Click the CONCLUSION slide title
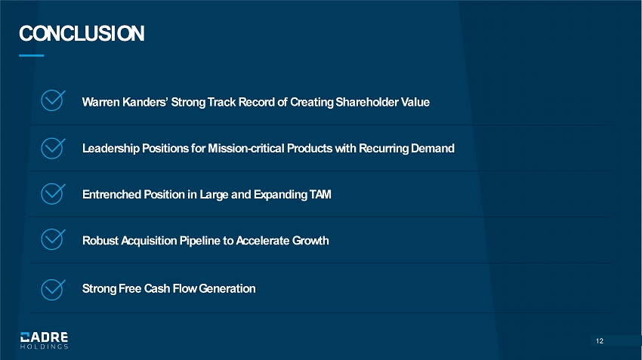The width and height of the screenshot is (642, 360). click(x=82, y=33)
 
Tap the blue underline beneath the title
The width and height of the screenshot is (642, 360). click(x=32, y=55)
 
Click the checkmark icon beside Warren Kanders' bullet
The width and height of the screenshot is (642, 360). click(x=53, y=100)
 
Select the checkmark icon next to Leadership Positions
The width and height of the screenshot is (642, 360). click(x=53, y=148)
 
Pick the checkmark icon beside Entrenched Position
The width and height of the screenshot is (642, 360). click(x=53, y=194)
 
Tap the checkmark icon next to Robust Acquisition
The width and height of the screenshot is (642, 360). click(x=53, y=239)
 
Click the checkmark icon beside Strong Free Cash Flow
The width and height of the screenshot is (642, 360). click(x=53, y=289)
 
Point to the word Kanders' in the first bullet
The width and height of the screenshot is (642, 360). click(x=145, y=102)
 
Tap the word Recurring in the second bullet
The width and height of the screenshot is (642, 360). click(x=384, y=149)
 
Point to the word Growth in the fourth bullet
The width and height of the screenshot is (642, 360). click(x=310, y=241)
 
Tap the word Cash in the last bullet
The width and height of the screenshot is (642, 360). click(x=157, y=288)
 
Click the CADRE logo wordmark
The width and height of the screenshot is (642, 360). click(x=45, y=337)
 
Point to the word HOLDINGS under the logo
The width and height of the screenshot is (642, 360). click(x=45, y=346)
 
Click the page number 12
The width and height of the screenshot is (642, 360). click(x=600, y=341)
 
